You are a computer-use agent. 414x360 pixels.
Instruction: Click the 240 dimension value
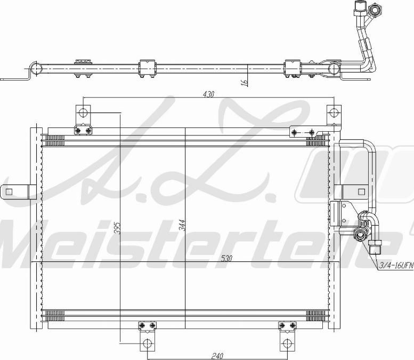coord(216,355)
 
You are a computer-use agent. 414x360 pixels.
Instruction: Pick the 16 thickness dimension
coord(244,82)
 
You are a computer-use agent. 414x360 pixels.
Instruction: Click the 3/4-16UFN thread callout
coord(396,264)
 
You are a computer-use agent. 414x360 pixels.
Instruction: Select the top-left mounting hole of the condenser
coord(82,113)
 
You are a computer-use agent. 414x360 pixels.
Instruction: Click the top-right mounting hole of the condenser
coord(333,113)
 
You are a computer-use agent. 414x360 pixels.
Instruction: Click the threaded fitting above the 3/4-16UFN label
coord(375,246)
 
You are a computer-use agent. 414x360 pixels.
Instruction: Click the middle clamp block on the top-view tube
coord(147,68)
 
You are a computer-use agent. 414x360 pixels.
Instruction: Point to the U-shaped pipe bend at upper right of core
coord(369,152)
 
